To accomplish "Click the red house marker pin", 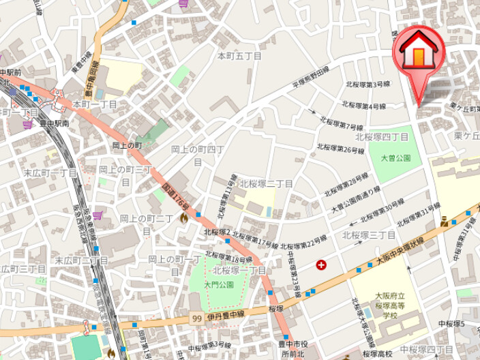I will coord(419,55).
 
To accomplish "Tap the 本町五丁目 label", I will coord(239,56).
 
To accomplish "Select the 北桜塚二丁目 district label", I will coord(266,184).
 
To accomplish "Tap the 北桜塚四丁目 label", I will coord(387,137).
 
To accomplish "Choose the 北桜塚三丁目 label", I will coord(368,235).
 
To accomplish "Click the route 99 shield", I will coord(196,318).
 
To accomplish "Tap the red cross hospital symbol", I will coord(321,265).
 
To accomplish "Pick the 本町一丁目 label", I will coord(95,104).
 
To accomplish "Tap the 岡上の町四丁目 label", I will coord(198,155).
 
